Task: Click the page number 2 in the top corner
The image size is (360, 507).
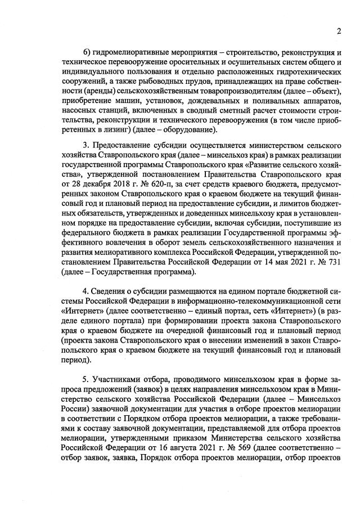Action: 339,30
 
